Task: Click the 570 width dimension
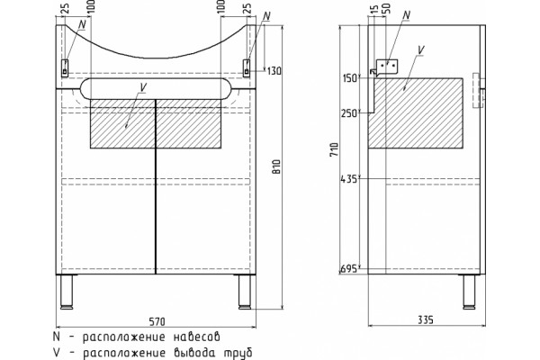pyautogui.click(x=157, y=321)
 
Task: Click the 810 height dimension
pyautogui.click(x=276, y=166)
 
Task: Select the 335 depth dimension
pyautogui.click(x=426, y=320)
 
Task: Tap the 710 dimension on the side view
pyautogui.click(x=334, y=150)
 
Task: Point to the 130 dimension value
pyautogui.click(x=274, y=71)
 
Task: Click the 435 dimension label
pyautogui.click(x=348, y=179)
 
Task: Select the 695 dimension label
pyautogui.click(x=348, y=269)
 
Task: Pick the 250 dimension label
pyautogui.click(x=349, y=113)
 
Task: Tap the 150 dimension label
pyautogui.click(x=350, y=78)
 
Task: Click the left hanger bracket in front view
pyautogui.click(x=65, y=67)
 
